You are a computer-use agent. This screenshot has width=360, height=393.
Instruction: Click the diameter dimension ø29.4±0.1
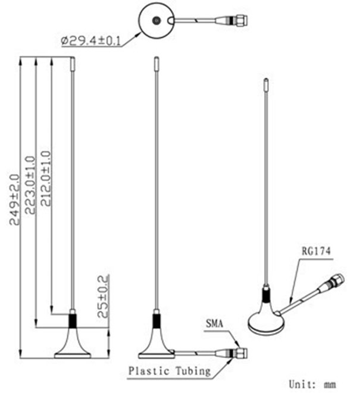(x=91, y=41)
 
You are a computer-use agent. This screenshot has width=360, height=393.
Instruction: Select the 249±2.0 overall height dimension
(x=14, y=200)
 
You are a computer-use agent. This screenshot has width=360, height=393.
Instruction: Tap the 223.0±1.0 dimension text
(x=30, y=185)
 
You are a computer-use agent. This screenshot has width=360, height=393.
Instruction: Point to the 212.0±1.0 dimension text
(x=46, y=178)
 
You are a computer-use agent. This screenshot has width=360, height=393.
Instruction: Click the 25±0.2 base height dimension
(x=103, y=296)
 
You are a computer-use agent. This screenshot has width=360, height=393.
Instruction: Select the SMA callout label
(x=214, y=323)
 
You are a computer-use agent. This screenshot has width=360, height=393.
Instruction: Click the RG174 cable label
(x=316, y=251)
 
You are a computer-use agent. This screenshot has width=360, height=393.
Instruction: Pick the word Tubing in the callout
(x=193, y=371)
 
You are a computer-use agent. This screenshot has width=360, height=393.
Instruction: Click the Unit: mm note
(x=312, y=384)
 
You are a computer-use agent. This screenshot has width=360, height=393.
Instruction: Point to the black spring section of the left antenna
(x=73, y=321)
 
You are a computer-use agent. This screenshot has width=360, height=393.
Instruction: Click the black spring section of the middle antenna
(x=156, y=321)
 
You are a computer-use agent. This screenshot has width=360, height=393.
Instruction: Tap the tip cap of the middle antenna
(x=156, y=64)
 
